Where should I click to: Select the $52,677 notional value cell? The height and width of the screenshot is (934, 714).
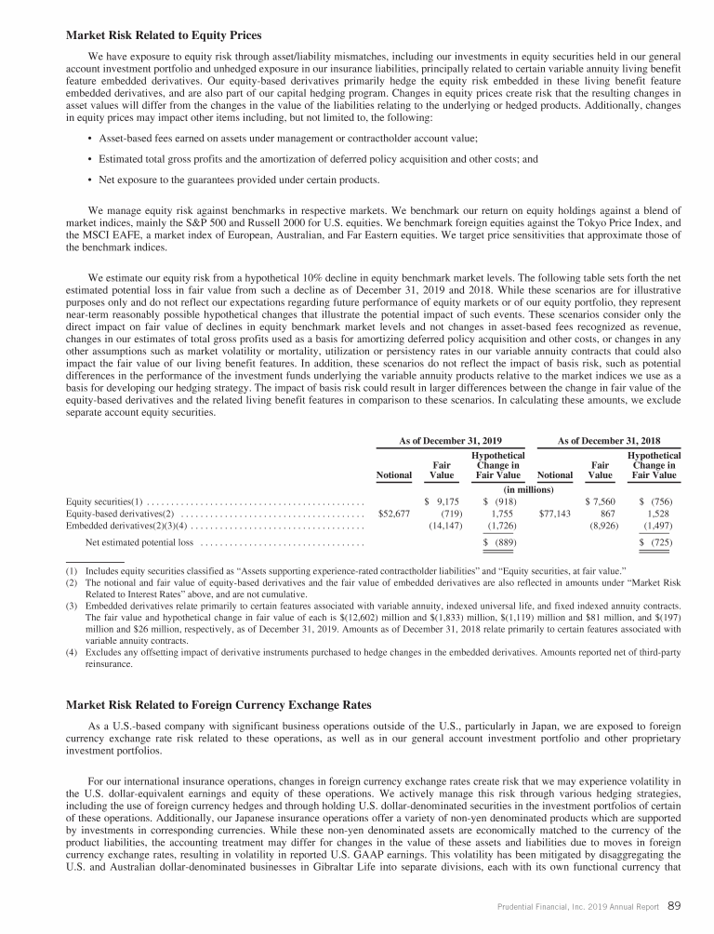coord(394,513)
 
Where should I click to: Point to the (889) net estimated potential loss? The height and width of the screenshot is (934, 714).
coord(502,541)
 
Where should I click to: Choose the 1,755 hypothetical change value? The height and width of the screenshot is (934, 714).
coord(502,513)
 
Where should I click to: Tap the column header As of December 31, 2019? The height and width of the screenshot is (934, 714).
coord(450,439)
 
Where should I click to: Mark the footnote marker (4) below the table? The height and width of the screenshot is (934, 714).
coord(71,652)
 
